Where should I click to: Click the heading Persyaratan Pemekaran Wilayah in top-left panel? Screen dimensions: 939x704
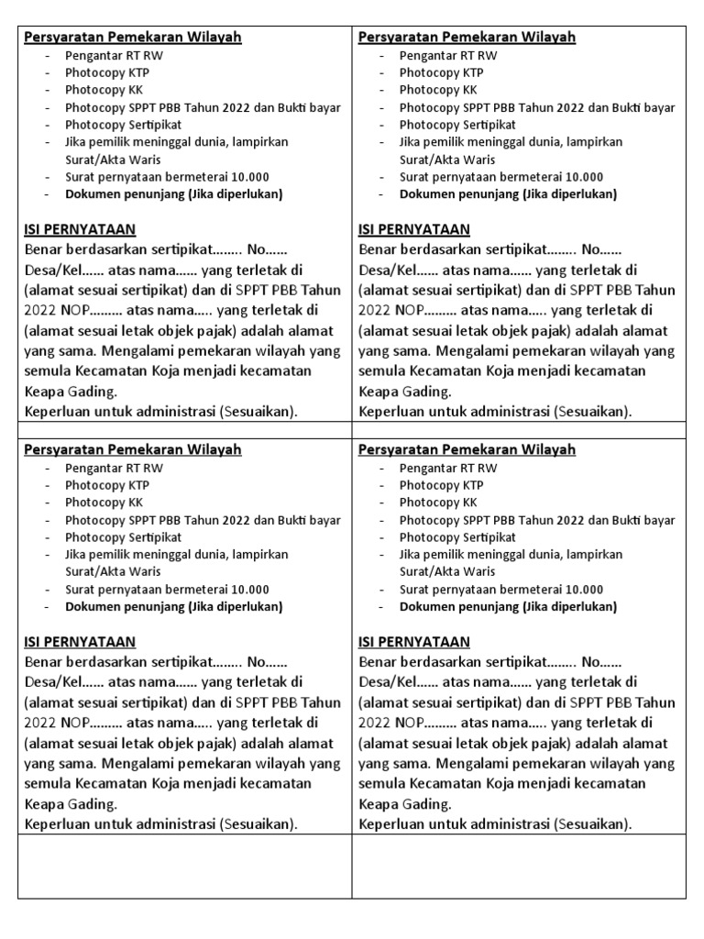[x=132, y=38]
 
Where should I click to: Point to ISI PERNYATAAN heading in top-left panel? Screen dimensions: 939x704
[x=80, y=229]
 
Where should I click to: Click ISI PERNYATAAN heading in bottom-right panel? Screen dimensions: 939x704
[x=414, y=642]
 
